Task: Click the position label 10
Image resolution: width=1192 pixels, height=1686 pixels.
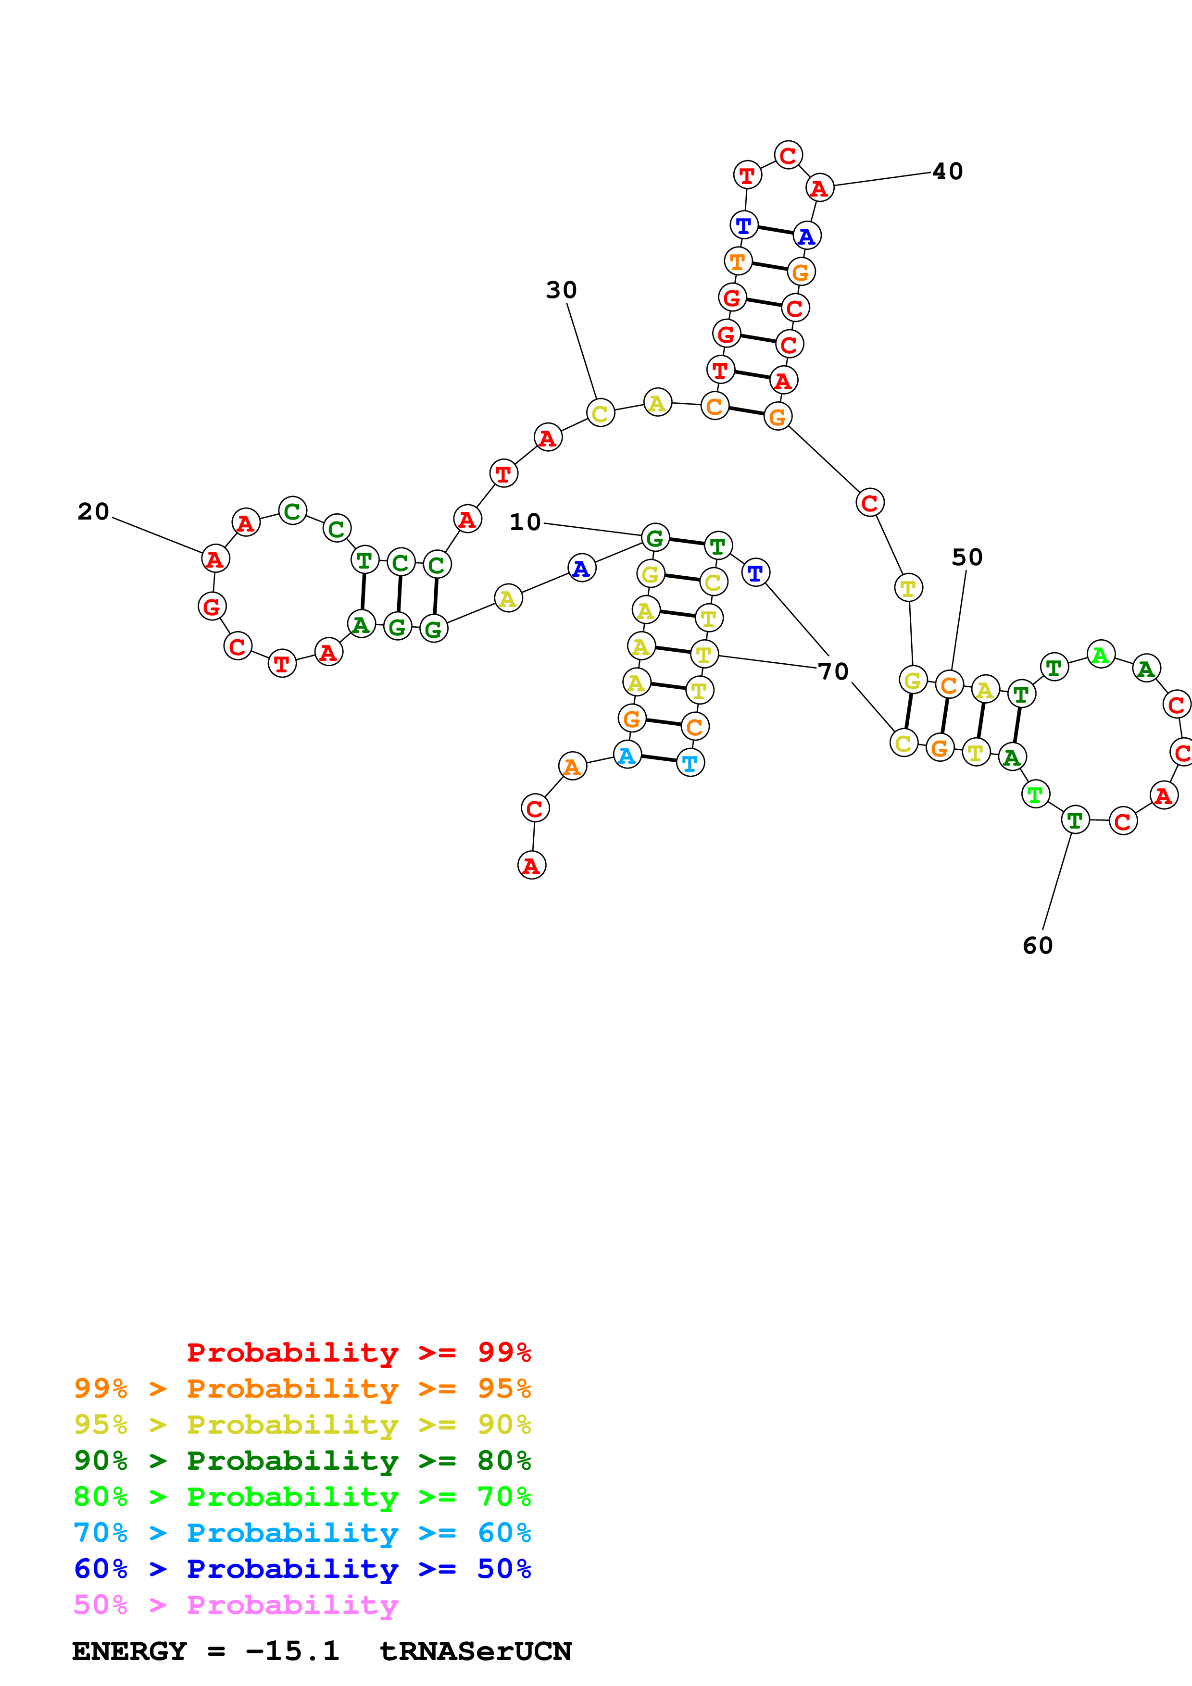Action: pyautogui.click(x=525, y=522)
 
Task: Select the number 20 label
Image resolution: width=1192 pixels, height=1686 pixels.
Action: pyautogui.click(x=93, y=512)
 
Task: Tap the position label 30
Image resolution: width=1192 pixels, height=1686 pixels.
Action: pyautogui.click(x=561, y=290)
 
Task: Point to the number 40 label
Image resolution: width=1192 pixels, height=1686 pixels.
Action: pyautogui.click(x=947, y=172)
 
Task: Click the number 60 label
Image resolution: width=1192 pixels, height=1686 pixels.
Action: pyautogui.click(x=1038, y=946)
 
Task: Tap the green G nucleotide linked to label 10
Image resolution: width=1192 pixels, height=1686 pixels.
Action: pyautogui.click(x=655, y=538)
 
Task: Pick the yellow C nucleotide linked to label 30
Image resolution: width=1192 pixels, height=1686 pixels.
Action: pyautogui.click(x=600, y=413)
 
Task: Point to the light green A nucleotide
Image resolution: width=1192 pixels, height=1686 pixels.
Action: pyautogui.click(x=1100, y=654)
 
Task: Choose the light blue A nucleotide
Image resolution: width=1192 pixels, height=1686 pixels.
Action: pyautogui.click(x=627, y=756)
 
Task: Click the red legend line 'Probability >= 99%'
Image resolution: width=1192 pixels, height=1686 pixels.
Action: pyautogui.click(x=358, y=1352)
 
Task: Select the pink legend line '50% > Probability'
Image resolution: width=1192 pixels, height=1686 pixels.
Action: pyautogui.click(x=236, y=1605)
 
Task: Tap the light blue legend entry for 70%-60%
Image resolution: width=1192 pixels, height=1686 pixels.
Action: pyautogui.click(x=302, y=1533)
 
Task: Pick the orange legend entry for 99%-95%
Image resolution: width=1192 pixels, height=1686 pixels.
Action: pyautogui.click(x=302, y=1388)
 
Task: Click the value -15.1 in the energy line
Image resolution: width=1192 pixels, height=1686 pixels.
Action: pyautogui.click(x=292, y=1651)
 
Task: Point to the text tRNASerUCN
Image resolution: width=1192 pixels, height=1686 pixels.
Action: pyautogui.click(x=475, y=1651)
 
